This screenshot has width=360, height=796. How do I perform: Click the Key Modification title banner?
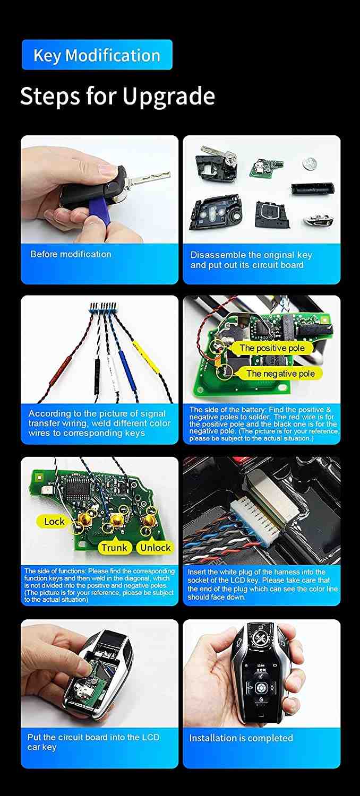[x=97, y=55]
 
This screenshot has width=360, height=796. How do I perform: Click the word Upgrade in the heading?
[x=169, y=97]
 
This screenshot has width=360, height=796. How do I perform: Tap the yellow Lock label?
[x=54, y=521]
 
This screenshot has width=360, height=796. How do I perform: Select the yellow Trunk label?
[x=114, y=547]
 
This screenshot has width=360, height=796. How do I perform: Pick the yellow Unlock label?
[x=156, y=548]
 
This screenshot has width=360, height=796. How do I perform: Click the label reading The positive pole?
[x=272, y=348]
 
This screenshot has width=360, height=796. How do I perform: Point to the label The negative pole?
[x=280, y=373]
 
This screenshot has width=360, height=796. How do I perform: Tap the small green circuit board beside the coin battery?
[x=266, y=167]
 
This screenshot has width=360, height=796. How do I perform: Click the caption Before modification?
[x=71, y=254]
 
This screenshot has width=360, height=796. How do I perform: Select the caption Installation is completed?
[x=241, y=738]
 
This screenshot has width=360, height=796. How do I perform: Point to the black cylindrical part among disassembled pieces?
[x=313, y=188]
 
